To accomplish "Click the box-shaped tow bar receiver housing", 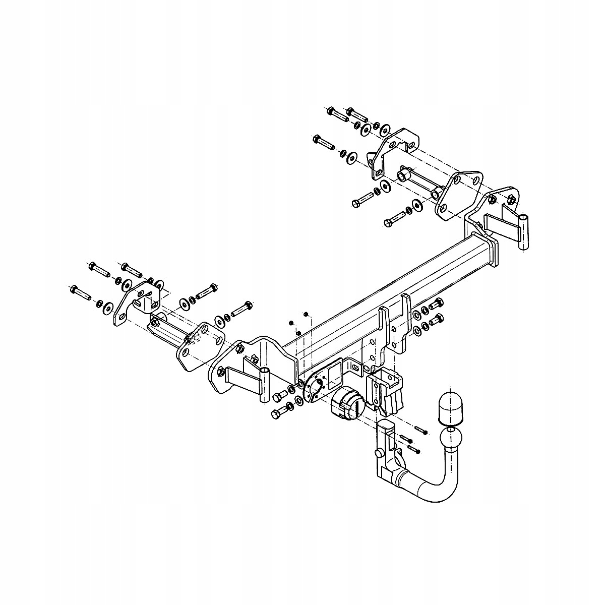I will coord(387,387).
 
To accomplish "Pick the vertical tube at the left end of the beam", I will coord(265,385).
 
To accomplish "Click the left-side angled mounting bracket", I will coord(136,302).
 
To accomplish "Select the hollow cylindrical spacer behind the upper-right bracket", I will coord(403,176).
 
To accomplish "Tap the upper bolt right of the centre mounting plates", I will coord(435,304).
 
